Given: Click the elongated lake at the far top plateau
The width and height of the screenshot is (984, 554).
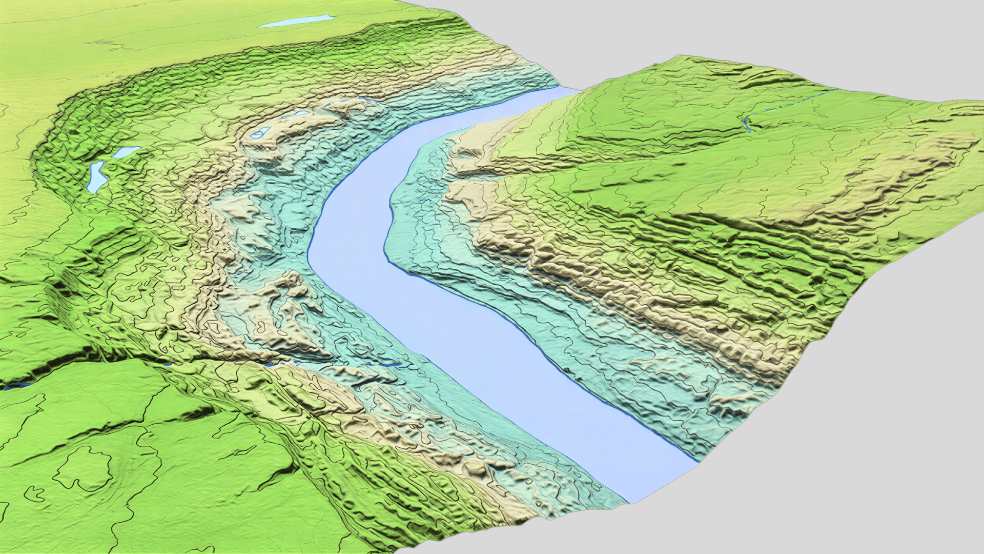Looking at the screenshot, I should coord(295,22).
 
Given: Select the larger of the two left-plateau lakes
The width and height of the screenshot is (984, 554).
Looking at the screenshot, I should coord(96,177).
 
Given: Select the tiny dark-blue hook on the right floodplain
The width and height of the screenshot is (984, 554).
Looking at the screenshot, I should coord(425,200).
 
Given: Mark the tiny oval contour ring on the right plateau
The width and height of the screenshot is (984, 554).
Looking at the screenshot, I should coord(764,190).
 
